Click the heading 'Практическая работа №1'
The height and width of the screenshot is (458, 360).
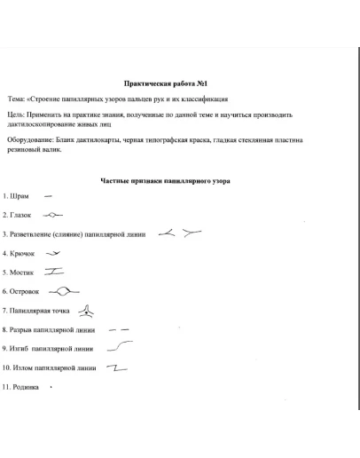click(x=179, y=80)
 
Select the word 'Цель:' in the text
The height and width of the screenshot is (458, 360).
click(x=17, y=115)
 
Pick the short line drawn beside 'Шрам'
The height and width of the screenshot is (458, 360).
click(x=48, y=195)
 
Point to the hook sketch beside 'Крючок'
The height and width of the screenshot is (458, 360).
click(x=58, y=253)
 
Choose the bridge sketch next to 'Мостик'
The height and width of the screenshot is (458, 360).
click(x=56, y=272)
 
